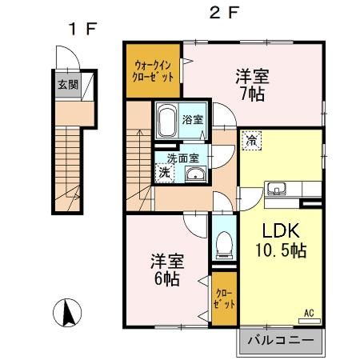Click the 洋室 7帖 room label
(x=251, y=84)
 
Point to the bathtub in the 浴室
(x=166, y=122)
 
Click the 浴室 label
(x=192, y=120)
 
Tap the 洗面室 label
(x=185, y=158)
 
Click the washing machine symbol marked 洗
(x=163, y=172)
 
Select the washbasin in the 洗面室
(x=195, y=176)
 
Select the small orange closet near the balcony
(x=224, y=299)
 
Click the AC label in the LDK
(x=307, y=313)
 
